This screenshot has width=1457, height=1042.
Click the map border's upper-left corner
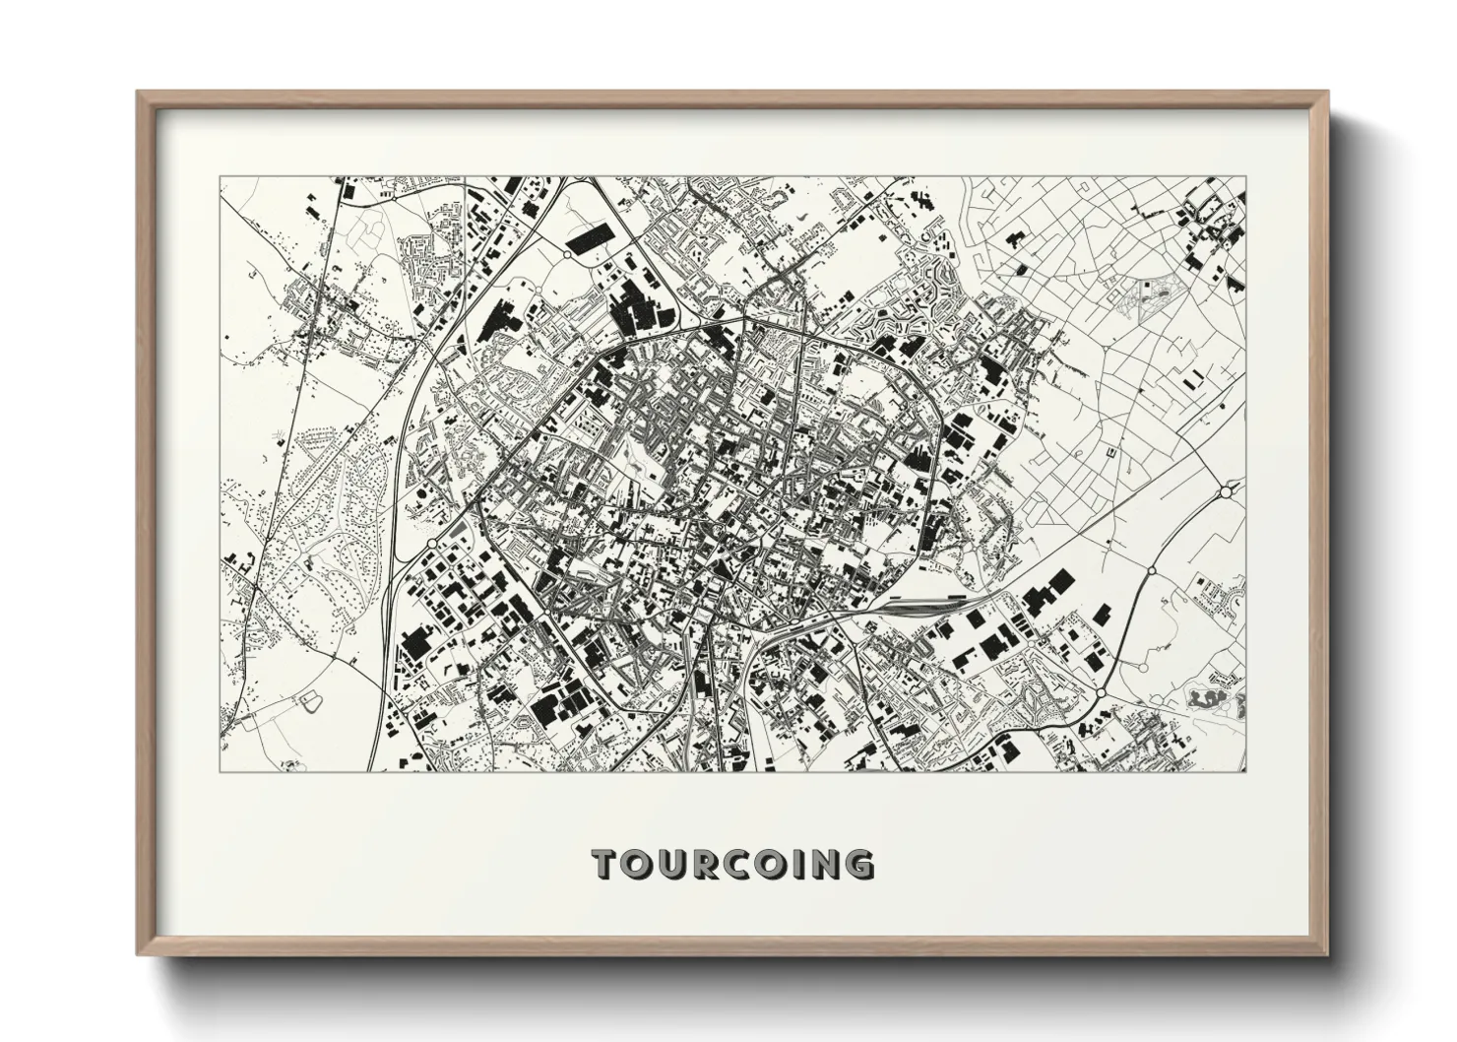[220, 177]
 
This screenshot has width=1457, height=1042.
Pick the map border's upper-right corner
[1246, 177]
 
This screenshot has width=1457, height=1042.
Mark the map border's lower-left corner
[220, 771]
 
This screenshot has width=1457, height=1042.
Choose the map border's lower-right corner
[1246, 771]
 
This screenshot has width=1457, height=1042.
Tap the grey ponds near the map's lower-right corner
[1209, 700]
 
